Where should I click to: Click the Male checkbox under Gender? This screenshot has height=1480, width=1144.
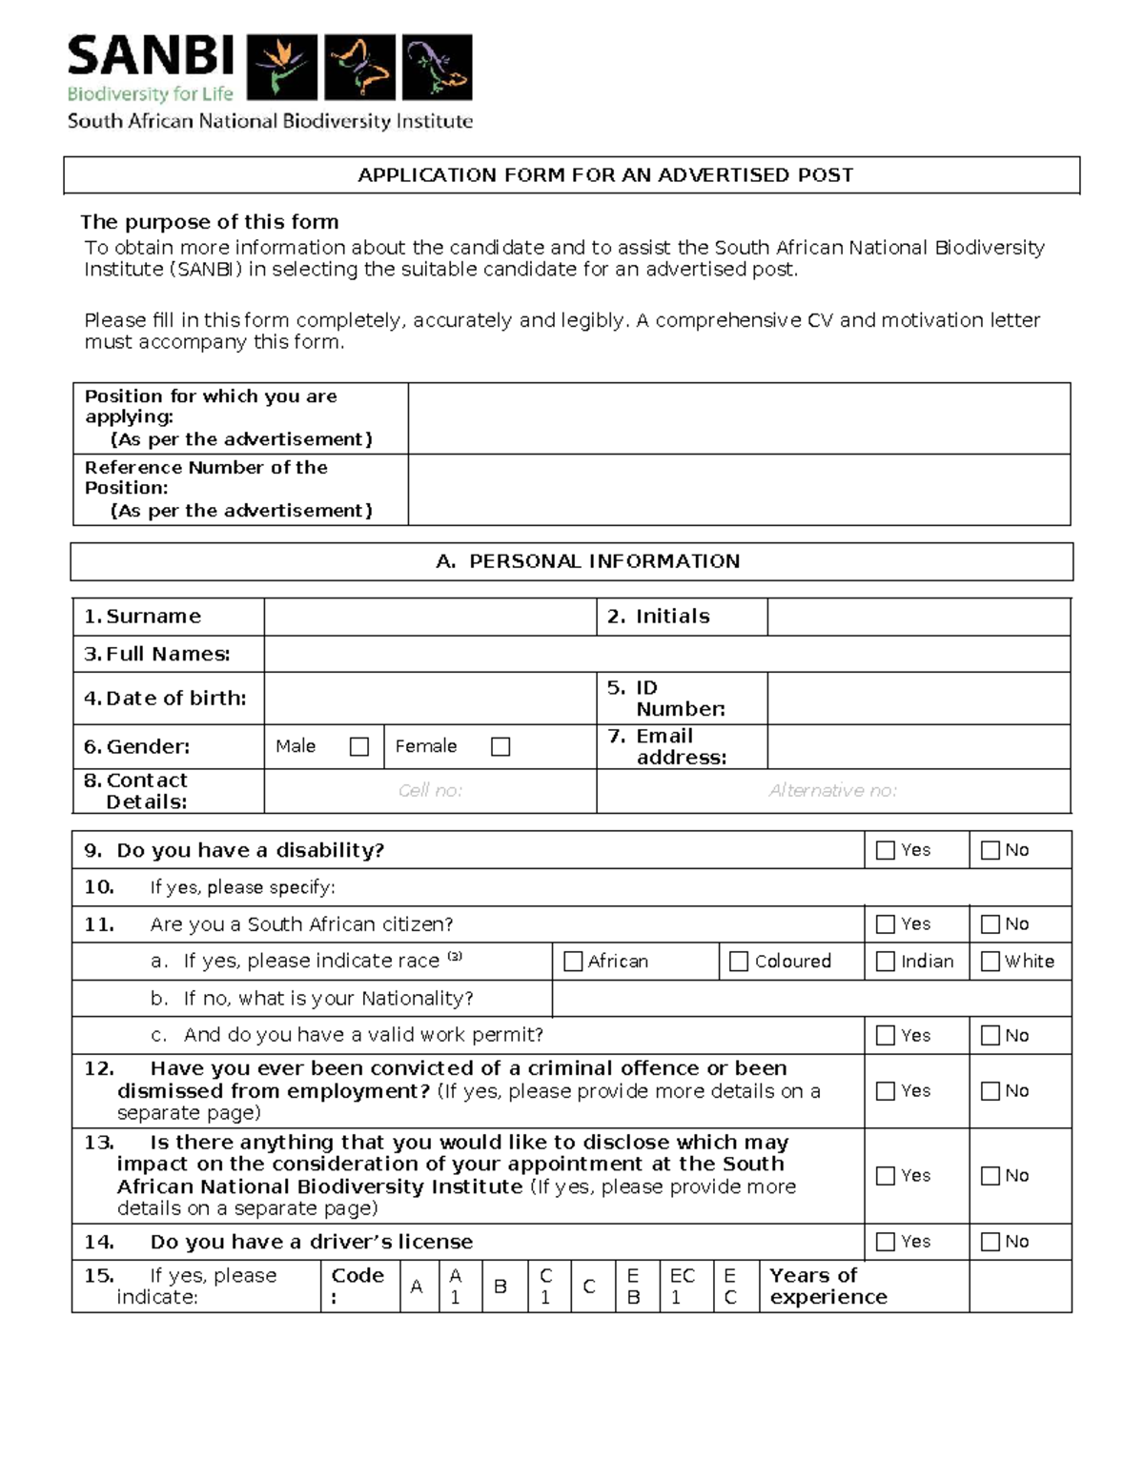(x=359, y=747)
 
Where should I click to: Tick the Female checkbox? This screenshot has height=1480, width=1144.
(x=500, y=747)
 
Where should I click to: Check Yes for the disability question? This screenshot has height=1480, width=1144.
(x=886, y=850)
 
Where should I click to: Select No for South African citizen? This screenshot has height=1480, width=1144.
(x=991, y=924)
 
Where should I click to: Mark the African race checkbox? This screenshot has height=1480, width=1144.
(x=573, y=962)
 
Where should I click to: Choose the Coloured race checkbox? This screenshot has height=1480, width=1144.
(x=739, y=962)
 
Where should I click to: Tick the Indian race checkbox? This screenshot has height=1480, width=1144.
(x=886, y=962)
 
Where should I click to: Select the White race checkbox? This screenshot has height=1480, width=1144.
(x=991, y=962)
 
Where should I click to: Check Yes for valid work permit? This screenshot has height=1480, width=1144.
(x=886, y=1036)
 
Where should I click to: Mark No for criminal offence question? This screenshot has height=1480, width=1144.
(x=991, y=1091)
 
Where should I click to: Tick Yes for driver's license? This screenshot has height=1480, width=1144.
(x=886, y=1242)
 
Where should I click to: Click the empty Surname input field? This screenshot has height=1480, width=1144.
(x=430, y=617)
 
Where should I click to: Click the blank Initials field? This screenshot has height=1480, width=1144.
(x=918, y=617)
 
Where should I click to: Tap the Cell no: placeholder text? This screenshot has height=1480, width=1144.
(x=430, y=791)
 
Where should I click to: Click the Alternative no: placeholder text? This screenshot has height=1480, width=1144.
(x=832, y=791)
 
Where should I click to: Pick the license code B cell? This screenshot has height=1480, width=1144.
(x=500, y=1287)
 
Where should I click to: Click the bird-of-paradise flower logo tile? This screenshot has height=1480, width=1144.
(x=282, y=67)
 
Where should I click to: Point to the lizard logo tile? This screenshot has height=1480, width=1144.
(x=437, y=67)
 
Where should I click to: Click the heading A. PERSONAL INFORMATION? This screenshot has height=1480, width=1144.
(x=588, y=561)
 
